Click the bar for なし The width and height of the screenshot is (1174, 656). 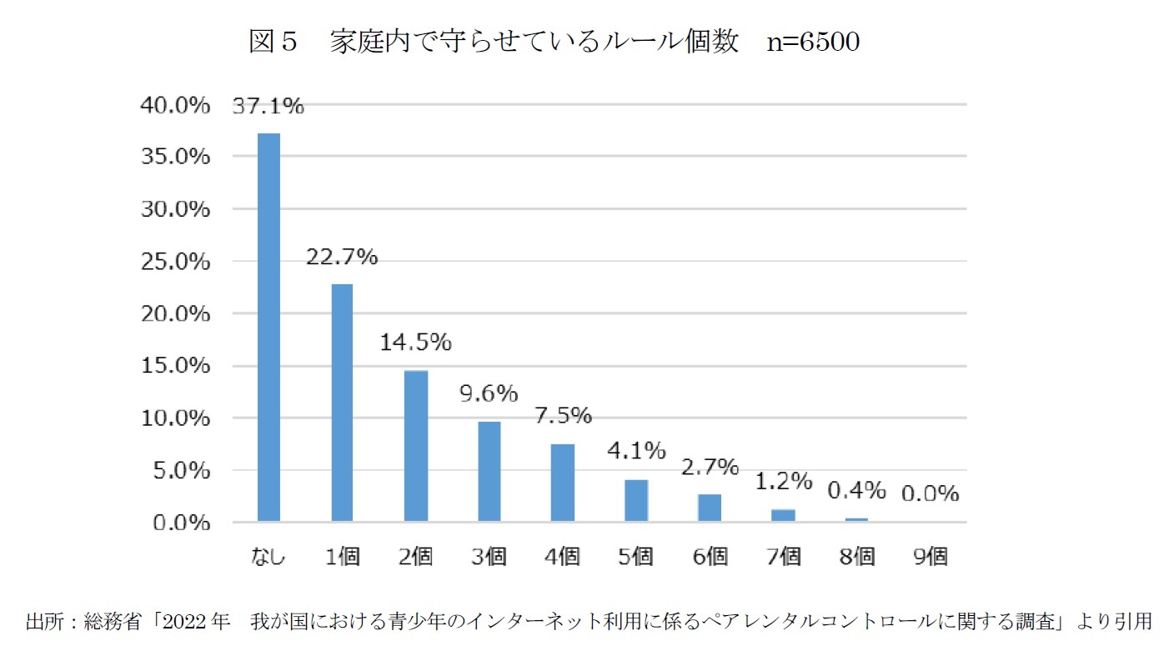click(268, 327)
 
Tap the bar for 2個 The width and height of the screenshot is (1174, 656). click(415, 446)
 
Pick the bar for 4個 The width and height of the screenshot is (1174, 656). click(562, 483)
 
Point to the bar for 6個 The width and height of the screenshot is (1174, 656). click(710, 508)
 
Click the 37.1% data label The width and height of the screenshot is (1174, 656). click(268, 106)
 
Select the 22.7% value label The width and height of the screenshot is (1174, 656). click(342, 258)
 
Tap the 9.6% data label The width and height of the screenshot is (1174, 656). click(489, 393)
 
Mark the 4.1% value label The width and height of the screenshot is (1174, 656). click(636, 451)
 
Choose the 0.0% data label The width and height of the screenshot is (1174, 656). click(930, 493)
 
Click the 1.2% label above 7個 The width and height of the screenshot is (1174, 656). click(783, 481)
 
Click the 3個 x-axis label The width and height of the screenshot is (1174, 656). click(489, 557)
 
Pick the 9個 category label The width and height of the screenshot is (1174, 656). click(930, 557)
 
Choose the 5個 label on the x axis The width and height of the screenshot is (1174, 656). click(636, 557)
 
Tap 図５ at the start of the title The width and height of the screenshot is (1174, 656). click(273, 42)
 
